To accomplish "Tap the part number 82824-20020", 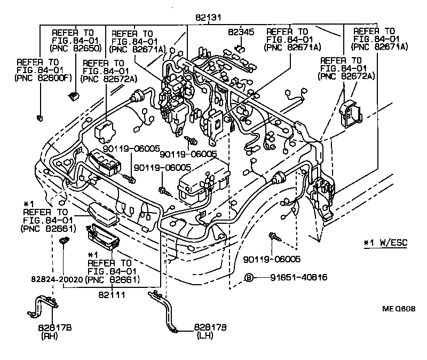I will tap(55, 278).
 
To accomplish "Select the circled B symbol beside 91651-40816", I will tap(248, 277).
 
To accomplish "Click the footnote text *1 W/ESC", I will tap(385, 243).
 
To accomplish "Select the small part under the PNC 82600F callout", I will tap(39, 118).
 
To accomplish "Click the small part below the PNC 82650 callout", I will tap(73, 97).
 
